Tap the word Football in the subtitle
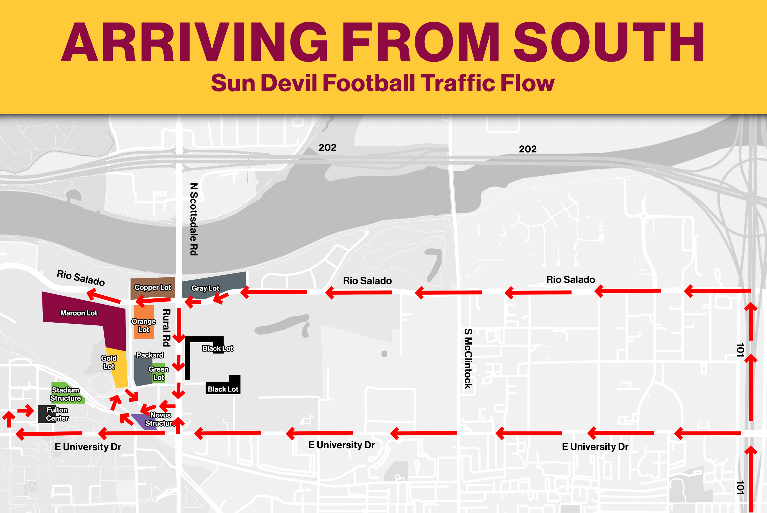(x=369, y=83)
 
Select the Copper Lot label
(x=152, y=288)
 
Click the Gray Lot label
(x=205, y=288)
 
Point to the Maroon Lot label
(x=78, y=313)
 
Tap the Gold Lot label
(x=109, y=362)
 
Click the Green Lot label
(x=159, y=373)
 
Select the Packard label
(x=150, y=355)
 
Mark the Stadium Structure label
(x=66, y=394)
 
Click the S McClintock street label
(x=468, y=359)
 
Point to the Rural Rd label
(x=167, y=328)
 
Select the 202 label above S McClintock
(x=527, y=149)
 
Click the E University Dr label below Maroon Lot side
(x=88, y=447)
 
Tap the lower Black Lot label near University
(x=223, y=389)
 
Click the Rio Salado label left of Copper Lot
(x=81, y=278)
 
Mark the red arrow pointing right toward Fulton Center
(x=26, y=410)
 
